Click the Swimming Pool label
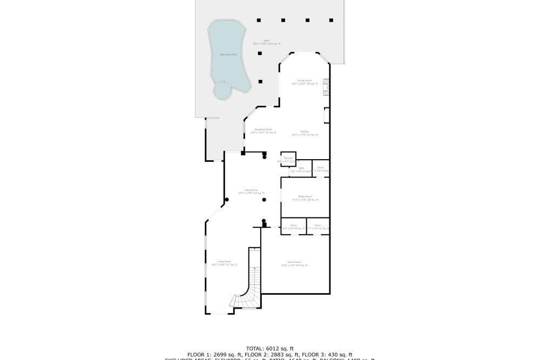tap(228, 55)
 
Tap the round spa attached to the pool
tap(222, 91)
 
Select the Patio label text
tap(266, 42)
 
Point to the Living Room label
tap(217, 262)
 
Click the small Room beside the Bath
tap(321, 168)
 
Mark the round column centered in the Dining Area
tap(264, 200)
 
